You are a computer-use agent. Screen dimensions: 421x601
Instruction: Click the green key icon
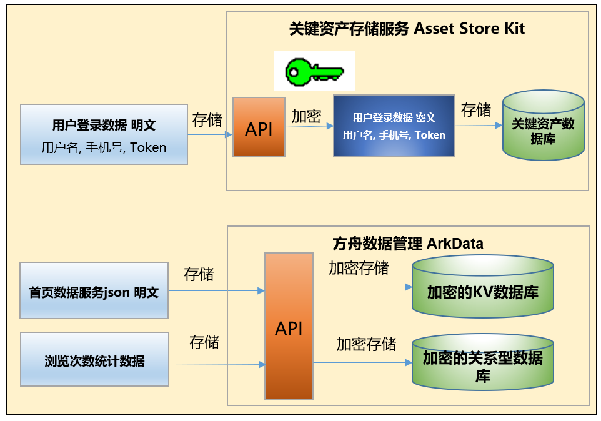pyautogui.click(x=314, y=71)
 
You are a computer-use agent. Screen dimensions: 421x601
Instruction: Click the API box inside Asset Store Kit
pyautogui.click(x=259, y=127)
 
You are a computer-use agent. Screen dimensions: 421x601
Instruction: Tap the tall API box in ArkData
pyautogui.click(x=289, y=326)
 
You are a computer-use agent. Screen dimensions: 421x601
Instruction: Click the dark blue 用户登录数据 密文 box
pyautogui.click(x=394, y=126)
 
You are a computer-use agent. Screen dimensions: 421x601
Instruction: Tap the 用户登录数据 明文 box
pyautogui.click(x=104, y=134)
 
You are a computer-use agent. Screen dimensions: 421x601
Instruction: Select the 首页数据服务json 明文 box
pyautogui.click(x=94, y=291)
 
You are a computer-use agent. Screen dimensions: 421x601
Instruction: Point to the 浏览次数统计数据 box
pyautogui.click(x=94, y=360)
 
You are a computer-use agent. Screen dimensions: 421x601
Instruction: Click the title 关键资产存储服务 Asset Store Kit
pyautogui.click(x=407, y=28)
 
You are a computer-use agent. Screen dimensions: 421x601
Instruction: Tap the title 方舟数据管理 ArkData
pyautogui.click(x=407, y=243)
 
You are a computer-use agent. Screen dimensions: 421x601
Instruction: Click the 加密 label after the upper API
pyautogui.click(x=306, y=116)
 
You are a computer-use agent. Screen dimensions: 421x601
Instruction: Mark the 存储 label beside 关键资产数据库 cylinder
pyautogui.click(x=476, y=110)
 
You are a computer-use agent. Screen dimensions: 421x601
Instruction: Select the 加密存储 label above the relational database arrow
pyautogui.click(x=366, y=344)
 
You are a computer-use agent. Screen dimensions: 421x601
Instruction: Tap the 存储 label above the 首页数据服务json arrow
pyautogui.click(x=199, y=274)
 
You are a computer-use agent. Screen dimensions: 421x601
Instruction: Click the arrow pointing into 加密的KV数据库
pyautogui.click(x=362, y=287)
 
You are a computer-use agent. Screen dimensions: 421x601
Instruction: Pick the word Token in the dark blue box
pyautogui.click(x=430, y=135)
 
